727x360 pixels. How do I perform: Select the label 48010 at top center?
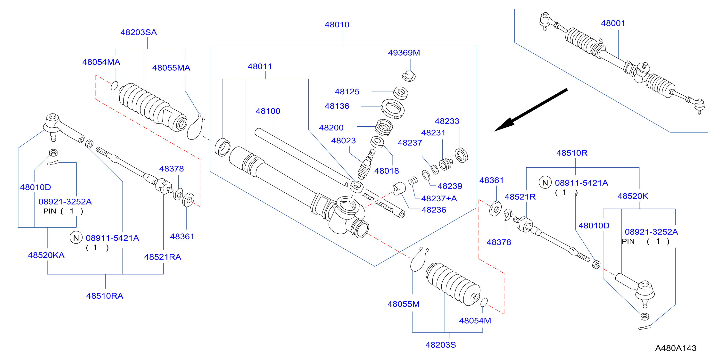coord(337,25)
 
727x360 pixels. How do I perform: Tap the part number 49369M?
coord(404,52)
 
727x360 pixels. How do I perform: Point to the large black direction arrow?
coord(531,110)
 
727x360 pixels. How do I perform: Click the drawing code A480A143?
coord(676,348)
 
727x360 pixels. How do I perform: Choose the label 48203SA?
coord(139,32)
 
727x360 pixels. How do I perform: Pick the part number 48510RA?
coord(105,296)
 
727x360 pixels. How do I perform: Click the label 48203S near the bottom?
coord(441,345)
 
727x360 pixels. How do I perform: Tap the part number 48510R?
coord(572,153)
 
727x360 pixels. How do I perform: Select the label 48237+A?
coord(439,199)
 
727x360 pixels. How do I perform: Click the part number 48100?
coord(268,111)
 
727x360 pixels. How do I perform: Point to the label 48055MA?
coord(171,68)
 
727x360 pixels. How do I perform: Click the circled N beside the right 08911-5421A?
coord(545,183)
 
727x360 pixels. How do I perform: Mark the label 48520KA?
coord(46,255)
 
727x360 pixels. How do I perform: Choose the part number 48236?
coord(434,210)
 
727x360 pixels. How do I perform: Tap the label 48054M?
coord(475,321)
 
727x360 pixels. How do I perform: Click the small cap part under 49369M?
coord(409,76)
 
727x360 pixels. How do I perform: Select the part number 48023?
coord(343,140)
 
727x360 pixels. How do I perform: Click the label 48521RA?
coord(163,257)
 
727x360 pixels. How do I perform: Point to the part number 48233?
coord(447,121)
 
